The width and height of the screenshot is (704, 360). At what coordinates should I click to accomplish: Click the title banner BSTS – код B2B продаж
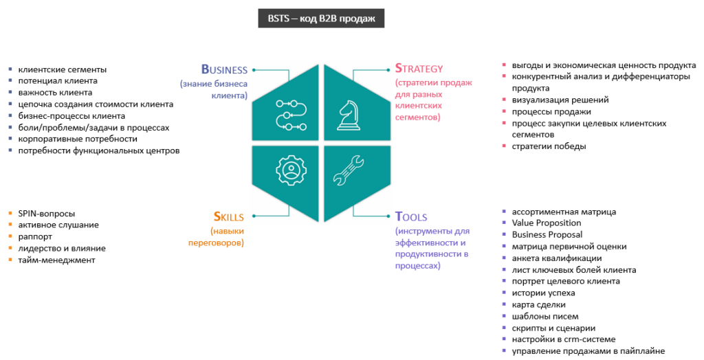point(322,19)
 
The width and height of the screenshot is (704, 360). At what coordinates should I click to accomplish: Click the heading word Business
point(224,69)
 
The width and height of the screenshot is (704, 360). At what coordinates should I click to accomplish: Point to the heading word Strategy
point(419,69)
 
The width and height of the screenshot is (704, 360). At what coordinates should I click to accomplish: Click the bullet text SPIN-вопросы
point(47,213)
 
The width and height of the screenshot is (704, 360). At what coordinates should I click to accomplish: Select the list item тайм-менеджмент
point(57,260)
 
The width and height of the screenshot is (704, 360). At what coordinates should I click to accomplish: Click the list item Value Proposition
point(547,223)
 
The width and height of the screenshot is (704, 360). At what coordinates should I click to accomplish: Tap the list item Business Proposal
point(549,234)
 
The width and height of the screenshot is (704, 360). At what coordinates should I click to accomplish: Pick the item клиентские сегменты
point(63,69)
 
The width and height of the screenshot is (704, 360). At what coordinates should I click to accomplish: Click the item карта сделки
point(538,304)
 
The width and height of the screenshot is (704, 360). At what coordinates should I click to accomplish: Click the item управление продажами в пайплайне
point(588,351)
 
